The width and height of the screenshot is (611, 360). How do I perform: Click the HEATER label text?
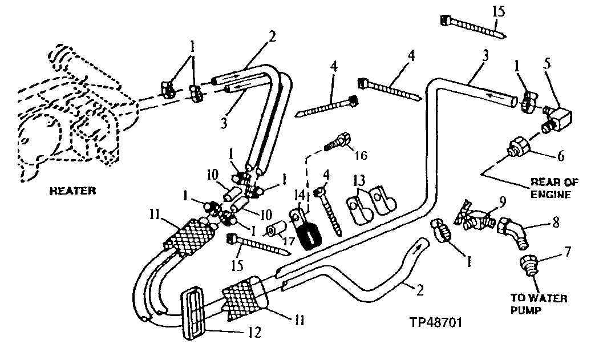click(x=72, y=191)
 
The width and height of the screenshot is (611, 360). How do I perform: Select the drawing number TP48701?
click(x=436, y=322)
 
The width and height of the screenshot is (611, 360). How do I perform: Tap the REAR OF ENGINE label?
click(x=553, y=188)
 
